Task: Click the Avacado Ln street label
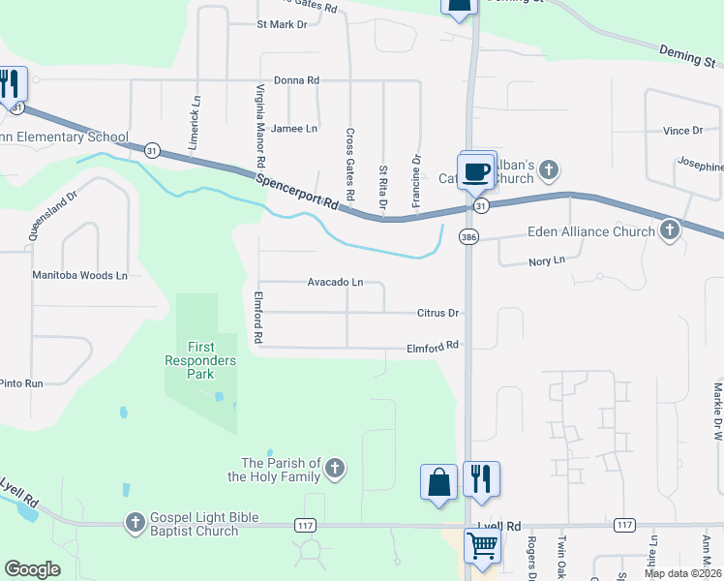coord(335,283)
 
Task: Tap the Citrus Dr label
coord(437,314)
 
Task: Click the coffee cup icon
coord(474,171)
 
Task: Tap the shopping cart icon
coord(481,545)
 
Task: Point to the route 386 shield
coord(468,236)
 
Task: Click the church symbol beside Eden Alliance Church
coord(670,230)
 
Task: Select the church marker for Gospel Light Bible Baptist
coord(136,523)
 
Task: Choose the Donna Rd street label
coord(296,80)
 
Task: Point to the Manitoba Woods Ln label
coord(80,276)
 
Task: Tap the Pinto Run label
coord(21,383)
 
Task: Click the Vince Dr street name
coord(682,131)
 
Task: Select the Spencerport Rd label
coord(297,191)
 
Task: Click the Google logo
coord(32,569)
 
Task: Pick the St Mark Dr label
coord(282,24)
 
